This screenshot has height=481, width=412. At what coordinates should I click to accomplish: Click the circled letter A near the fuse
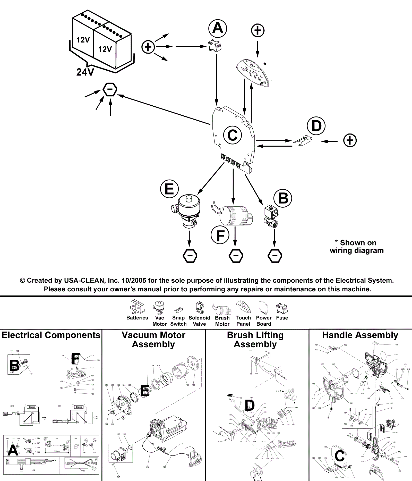[x=218, y=28]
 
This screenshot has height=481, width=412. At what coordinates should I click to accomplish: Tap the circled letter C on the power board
[x=232, y=135]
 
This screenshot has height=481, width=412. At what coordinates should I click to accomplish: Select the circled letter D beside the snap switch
[x=316, y=126]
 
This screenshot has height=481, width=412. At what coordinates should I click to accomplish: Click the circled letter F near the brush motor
[x=220, y=235]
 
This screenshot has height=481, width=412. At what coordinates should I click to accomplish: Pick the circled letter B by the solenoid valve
[x=283, y=198]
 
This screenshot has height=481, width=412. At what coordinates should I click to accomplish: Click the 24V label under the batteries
[x=85, y=72]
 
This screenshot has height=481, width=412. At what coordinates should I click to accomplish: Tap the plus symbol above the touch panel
[x=257, y=31]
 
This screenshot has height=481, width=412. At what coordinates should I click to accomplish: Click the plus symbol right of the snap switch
[x=350, y=141]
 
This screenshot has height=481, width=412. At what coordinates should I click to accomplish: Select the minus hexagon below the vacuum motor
[x=190, y=256]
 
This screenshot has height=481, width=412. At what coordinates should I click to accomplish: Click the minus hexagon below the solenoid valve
[x=275, y=256]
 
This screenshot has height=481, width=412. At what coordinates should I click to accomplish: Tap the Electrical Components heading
[x=51, y=335]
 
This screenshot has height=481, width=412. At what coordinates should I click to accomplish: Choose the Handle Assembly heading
[x=360, y=335]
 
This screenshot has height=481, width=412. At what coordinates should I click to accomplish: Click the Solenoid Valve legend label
[x=199, y=321]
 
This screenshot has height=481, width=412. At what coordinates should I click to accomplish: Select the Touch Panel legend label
[x=243, y=321]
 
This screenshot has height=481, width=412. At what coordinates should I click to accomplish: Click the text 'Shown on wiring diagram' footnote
[x=357, y=247]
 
